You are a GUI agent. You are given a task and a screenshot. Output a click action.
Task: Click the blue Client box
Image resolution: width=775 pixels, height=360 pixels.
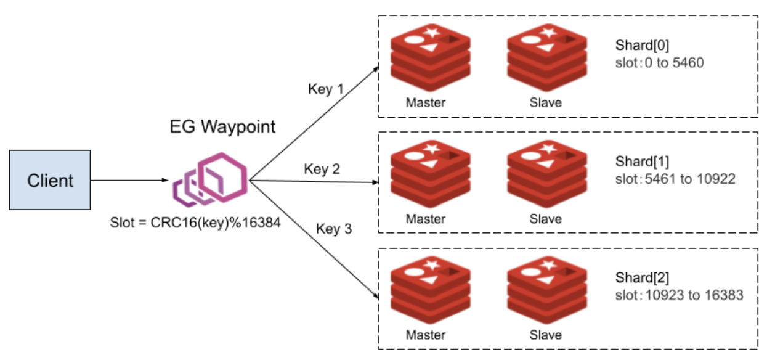pyautogui.click(x=50, y=181)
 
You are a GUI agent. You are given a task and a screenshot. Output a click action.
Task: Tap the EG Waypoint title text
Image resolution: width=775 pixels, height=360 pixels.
pyautogui.click(x=222, y=128)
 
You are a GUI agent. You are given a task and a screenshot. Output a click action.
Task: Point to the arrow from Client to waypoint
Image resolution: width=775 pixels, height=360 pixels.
pyautogui.click(x=130, y=181)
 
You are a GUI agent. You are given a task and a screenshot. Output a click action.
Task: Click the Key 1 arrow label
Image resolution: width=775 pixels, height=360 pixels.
pyautogui.click(x=325, y=89)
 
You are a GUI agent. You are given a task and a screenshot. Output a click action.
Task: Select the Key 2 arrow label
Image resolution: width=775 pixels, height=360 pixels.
pyautogui.click(x=322, y=169)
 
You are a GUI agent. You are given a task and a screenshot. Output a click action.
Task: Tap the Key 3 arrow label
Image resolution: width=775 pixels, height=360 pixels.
pyautogui.click(x=334, y=229)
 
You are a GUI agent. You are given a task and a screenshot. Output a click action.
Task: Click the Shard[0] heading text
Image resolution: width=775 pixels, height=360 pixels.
pyautogui.click(x=642, y=46)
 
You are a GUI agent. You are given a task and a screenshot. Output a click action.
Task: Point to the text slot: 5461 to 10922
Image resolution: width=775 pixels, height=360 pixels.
pyautogui.click(x=675, y=179)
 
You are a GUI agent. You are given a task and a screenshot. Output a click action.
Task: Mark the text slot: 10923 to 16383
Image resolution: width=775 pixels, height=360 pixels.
pyautogui.click(x=679, y=295)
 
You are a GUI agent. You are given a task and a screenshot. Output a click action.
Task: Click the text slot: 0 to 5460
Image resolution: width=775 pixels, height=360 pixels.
pyautogui.click(x=659, y=62)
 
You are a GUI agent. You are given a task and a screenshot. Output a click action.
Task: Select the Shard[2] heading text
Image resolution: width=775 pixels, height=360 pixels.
pyautogui.click(x=642, y=279)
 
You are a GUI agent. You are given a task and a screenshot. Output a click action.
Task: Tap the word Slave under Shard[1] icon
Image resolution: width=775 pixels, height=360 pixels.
pyautogui.click(x=546, y=219)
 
